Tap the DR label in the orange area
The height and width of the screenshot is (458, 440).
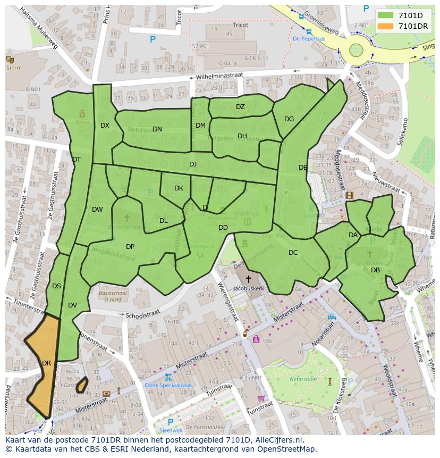(46, 363)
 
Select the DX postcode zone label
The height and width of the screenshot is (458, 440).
(105, 126)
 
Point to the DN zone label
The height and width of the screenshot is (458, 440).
(157, 129)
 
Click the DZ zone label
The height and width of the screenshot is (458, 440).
(240, 107)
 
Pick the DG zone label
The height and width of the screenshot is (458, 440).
(289, 119)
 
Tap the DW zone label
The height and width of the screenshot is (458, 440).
(97, 210)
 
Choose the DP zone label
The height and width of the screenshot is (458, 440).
(130, 247)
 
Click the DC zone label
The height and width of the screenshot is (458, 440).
(293, 253)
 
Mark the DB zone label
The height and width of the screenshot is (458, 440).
(375, 270)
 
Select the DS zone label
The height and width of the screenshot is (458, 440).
(57, 286)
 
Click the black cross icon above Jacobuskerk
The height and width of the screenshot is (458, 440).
(248, 279)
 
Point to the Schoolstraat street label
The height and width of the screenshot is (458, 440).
(142, 315)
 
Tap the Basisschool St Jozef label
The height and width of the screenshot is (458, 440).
(112, 296)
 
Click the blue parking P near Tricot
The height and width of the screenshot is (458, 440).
(153, 39)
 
